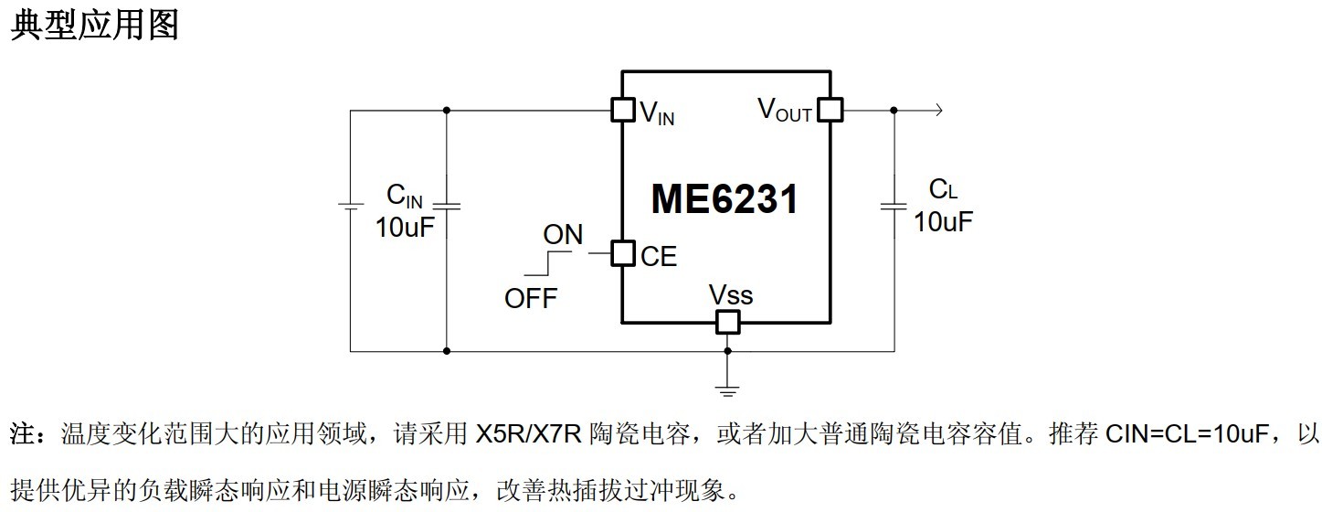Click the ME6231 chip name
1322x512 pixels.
click(724, 198)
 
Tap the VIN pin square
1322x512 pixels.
click(622, 111)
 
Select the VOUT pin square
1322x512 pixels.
click(830, 111)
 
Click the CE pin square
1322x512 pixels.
click(622, 253)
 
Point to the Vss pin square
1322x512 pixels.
click(727, 322)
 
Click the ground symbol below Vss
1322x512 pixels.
click(727, 390)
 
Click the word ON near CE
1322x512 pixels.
click(563, 235)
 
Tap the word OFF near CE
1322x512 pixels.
click(531, 298)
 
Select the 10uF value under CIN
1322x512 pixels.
click(405, 227)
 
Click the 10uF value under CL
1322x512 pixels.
click(944, 221)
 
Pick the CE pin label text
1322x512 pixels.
click(659, 257)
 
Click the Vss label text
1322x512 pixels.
click(731, 295)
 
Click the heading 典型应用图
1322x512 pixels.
click(94, 25)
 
